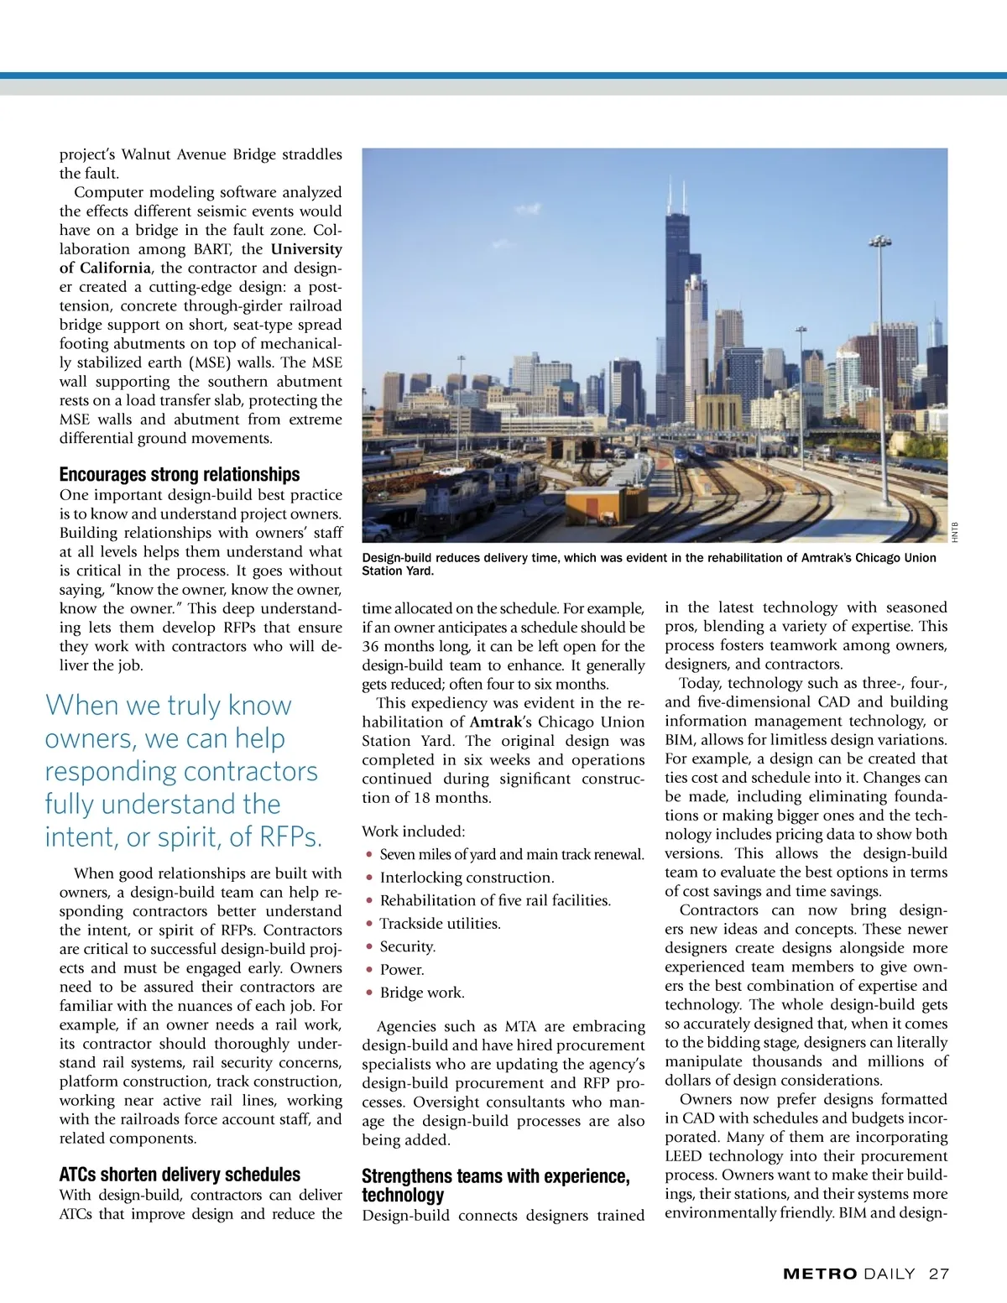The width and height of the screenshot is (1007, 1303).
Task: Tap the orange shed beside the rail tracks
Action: coord(588,506)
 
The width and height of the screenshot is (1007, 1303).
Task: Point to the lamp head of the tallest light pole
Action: coord(879,242)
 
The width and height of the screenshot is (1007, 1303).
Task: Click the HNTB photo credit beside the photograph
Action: coord(955,532)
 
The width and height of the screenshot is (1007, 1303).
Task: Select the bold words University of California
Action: coord(199,258)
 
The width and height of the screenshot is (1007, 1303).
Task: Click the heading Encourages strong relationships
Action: coord(179,474)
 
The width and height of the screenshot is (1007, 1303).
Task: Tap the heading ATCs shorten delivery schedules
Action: coord(180,1175)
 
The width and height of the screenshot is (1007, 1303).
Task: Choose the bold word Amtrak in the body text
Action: coord(496,722)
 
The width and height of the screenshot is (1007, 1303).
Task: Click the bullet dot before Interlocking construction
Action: coord(369,878)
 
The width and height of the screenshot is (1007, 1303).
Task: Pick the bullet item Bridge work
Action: coord(421,993)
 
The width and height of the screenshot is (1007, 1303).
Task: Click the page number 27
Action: coord(939,1274)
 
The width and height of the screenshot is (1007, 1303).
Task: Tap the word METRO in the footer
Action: coord(820,1274)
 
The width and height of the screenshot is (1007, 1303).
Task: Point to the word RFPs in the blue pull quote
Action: coord(290,837)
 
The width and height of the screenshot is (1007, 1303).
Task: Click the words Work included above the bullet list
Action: coord(413,831)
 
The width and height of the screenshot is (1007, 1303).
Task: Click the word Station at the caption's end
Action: coord(384,571)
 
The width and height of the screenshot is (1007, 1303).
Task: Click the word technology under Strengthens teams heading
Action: coord(402,1195)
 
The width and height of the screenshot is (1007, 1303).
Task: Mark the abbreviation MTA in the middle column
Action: coord(521,1026)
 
